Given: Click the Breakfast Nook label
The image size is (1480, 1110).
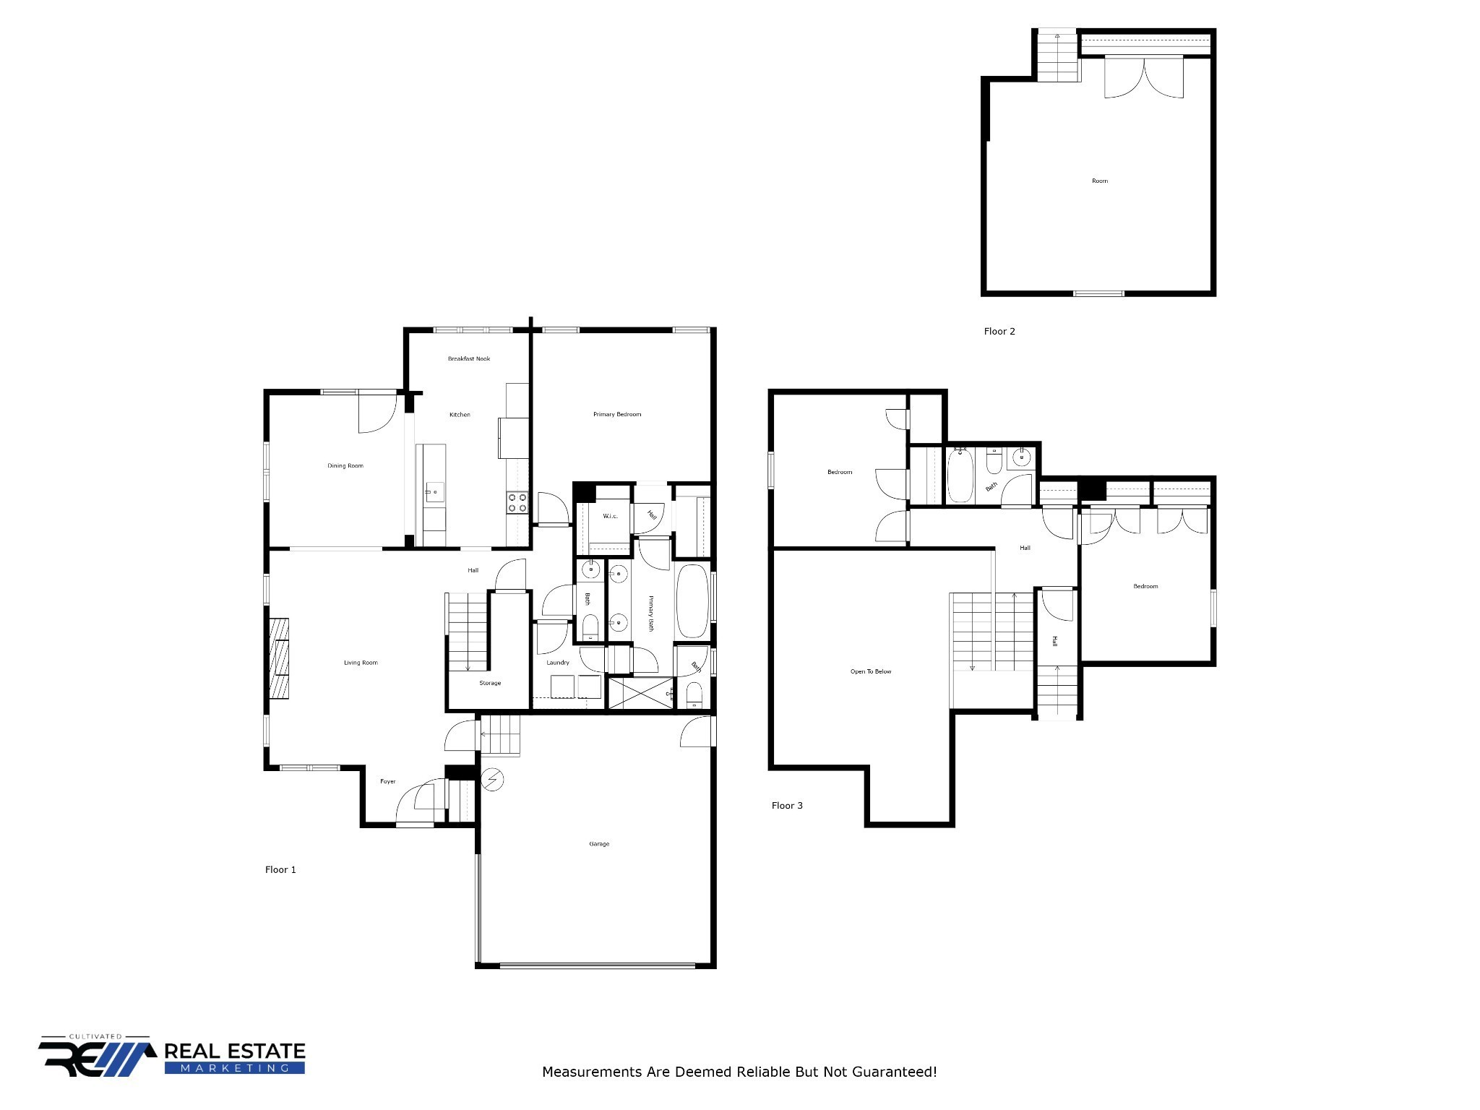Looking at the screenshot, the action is [x=469, y=358].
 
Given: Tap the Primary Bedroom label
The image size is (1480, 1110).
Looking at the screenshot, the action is [x=617, y=414].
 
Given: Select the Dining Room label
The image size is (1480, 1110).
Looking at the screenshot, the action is [x=345, y=465].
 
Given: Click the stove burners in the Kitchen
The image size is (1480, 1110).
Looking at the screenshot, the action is [x=517, y=502].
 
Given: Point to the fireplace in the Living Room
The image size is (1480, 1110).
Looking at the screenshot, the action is [x=280, y=658].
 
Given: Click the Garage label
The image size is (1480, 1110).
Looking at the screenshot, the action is [x=599, y=843].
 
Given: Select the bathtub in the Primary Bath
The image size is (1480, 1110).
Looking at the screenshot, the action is [x=692, y=601].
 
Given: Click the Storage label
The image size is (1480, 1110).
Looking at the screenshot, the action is [x=490, y=683].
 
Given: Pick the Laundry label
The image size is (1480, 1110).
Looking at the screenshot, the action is [x=558, y=662].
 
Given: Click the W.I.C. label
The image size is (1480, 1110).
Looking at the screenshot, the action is [x=611, y=516].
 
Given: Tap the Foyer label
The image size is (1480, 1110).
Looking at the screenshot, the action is [x=388, y=781].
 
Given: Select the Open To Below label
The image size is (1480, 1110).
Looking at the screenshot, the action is [x=871, y=671].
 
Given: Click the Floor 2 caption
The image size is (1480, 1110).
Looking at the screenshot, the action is [x=999, y=331].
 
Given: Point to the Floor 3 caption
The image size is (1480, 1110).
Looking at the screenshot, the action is [x=787, y=805].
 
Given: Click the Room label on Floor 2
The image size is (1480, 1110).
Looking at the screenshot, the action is [x=1100, y=181].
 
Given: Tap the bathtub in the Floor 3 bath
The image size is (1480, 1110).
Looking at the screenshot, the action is [x=960, y=476].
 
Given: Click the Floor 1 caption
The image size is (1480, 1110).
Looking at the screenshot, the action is [x=280, y=869].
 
